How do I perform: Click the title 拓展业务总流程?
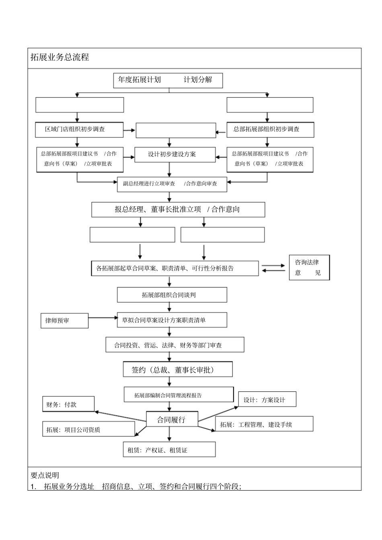pyautogui.click(x=60, y=57)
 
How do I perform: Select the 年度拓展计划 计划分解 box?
pyautogui.click(x=168, y=80)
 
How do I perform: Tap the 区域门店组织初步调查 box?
pyautogui.click(x=80, y=129)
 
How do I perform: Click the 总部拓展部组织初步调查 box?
pyautogui.click(x=270, y=129)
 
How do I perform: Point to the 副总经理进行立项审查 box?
pyautogui.click(x=172, y=184)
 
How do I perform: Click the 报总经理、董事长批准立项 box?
pyautogui.click(x=178, y=209)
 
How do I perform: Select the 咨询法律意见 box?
pyautogui.click(x=309, y=267)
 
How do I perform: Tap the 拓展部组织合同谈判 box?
pyautogui.click(x=172, y=295)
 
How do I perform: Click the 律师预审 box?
pyautogui.click(x=64, y=320)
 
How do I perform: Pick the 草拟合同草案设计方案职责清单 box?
pyautogui.click(x=172, y=320)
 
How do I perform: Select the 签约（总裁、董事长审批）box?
pyautogui.click(x=177, y=370)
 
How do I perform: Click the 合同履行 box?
pyautogui.click(x=172, y=420)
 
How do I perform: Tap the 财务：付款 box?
pyautogui.click(x=68, y=404)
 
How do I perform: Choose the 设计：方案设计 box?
pyautogui.click(x=267, y=400)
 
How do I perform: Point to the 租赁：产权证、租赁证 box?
pyautogui.click(x=169, y=450)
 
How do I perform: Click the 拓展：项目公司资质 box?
pyautogui.click(x=88, y=430)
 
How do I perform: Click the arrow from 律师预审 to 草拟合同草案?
pyautogui.click(x=102, y=318)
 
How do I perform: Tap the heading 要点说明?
pyautogui.click(x=45, y=475)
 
